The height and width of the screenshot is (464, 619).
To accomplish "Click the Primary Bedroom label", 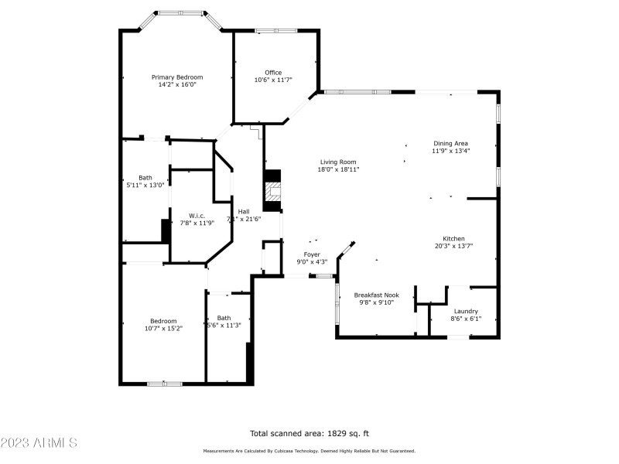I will coord(177,77).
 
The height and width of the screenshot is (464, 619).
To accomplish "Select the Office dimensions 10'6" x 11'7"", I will coord(273,80).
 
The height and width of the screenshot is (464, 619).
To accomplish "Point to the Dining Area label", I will coord(450,143).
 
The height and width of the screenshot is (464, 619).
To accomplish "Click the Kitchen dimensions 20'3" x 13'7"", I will coord(453,246).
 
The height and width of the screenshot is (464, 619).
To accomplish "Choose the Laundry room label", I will coord(466,311).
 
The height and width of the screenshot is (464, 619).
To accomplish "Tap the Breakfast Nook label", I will coord(376,295).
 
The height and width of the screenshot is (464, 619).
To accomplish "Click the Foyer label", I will coord(312,254).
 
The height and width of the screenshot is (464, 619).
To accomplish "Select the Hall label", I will coord(244,211).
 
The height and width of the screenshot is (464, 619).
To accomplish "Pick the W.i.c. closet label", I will coord(197,216).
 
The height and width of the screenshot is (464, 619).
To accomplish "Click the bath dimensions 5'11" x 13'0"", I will coord(145,185).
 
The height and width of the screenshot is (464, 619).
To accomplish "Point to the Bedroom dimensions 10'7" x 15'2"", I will coord(163,329).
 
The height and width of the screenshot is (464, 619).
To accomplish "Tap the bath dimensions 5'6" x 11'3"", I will coord(224,326).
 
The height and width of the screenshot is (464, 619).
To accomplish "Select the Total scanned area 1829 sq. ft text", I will coord(309,433).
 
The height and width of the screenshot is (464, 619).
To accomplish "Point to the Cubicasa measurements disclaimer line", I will coord(309,451).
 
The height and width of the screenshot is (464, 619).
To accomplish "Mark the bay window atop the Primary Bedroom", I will coord(181,13).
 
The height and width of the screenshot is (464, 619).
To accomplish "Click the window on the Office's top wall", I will coord(276,31).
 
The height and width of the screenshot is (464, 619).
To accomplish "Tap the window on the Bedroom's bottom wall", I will coord(164,383).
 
